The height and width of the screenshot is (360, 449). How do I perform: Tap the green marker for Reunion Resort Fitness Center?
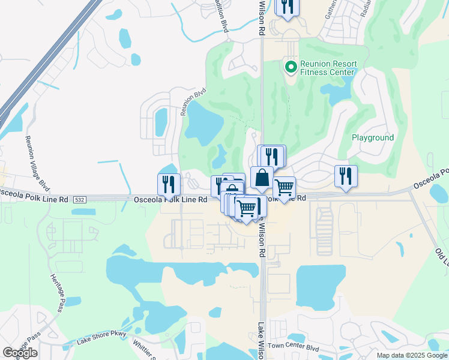(x=291, y=67)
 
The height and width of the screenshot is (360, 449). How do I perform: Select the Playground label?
(x=373, y=137)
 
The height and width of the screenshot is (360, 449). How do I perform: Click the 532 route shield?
(x=80, y=199)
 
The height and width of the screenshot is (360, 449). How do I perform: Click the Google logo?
(x=20, y=353)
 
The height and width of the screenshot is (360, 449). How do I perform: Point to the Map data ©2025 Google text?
(x=411, y=355)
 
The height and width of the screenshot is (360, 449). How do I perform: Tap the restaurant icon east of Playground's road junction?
(x=346, y=175)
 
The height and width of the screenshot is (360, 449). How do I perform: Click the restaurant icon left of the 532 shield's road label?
(x=169, y=184)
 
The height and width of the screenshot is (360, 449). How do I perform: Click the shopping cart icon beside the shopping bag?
(x=284, y=187)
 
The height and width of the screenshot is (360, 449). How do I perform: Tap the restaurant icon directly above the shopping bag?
(x=272, y=156)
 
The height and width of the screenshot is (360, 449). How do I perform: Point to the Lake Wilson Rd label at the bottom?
(x=262, y=341)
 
